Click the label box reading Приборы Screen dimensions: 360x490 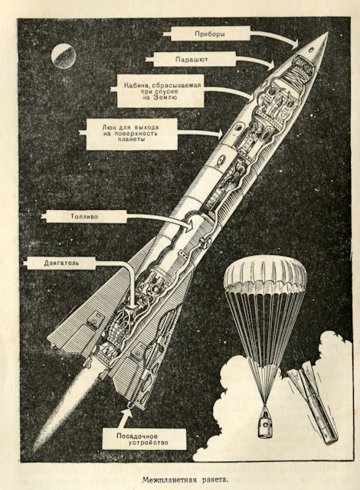pyautogui.click(x=210, y=34)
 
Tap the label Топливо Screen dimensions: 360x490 pyautogui.click(x=84, y=217)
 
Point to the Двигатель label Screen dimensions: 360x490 pyautogui.click(x=62, y=263)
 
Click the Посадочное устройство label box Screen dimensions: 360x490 pyautogui.click(x=144, y=439)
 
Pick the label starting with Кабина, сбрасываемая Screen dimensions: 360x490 pyautogui.click(x=161, y=91)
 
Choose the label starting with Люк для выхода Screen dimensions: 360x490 pyautogui.click(x=131, y=134)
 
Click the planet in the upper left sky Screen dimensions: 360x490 pyautogui.click(x=64, y=56)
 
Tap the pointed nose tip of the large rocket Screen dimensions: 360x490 pyautogui.click(x=328, y=32)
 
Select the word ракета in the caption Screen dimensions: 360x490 pyautogui.click(x=211, y=479)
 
